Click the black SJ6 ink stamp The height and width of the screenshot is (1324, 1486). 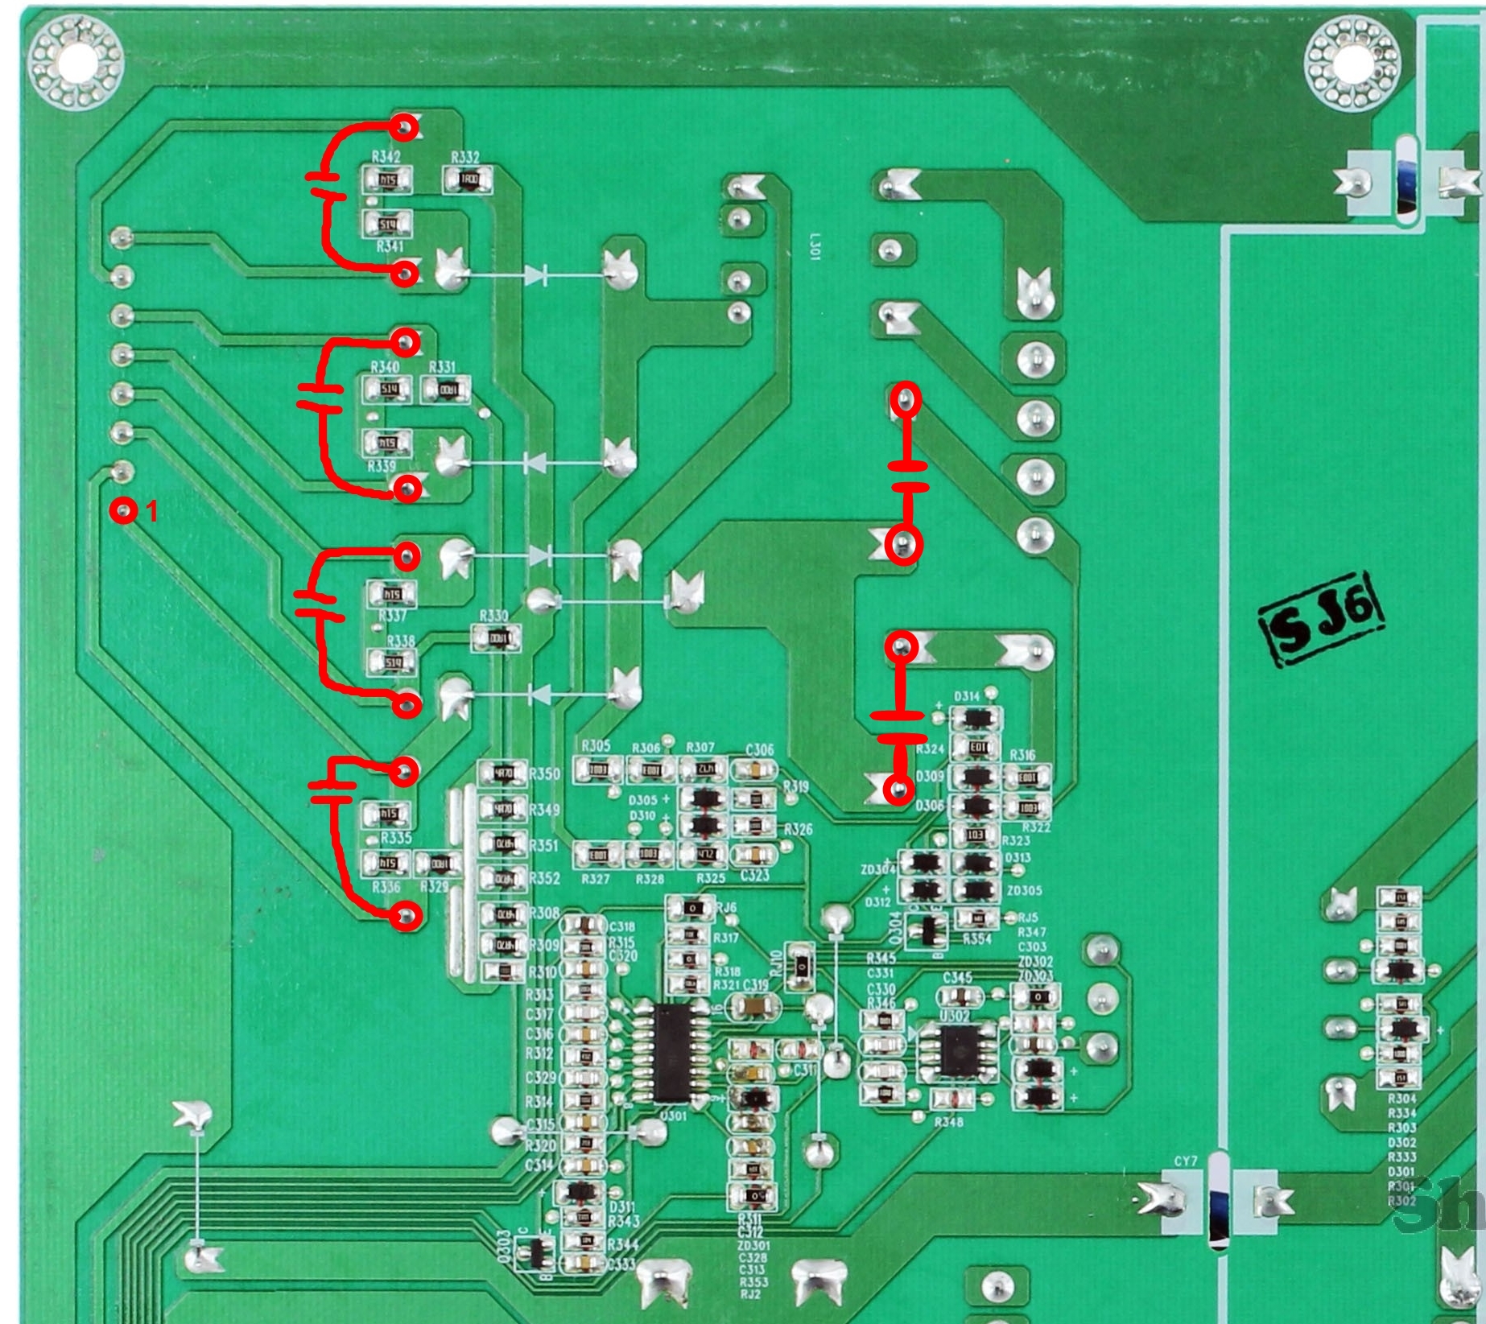(1321, 622)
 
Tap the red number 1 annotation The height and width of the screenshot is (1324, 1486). (152, 511)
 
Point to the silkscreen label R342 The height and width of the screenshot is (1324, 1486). (386, 157)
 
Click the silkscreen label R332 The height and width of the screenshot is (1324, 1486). (465, 157)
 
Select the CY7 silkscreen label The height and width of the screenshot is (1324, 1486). (1186, 1161)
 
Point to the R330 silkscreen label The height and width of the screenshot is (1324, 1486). (493, 616)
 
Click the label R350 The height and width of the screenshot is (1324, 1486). (544, 773)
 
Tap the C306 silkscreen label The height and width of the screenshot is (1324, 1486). (759, 749)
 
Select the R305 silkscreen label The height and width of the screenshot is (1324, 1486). (596, 746)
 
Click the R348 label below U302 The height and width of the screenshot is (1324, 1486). (949, 1121)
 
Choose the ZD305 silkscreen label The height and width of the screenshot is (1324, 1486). (1024, 891)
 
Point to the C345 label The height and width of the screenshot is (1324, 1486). (957, 977)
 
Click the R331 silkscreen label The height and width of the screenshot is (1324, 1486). (442, 367)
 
